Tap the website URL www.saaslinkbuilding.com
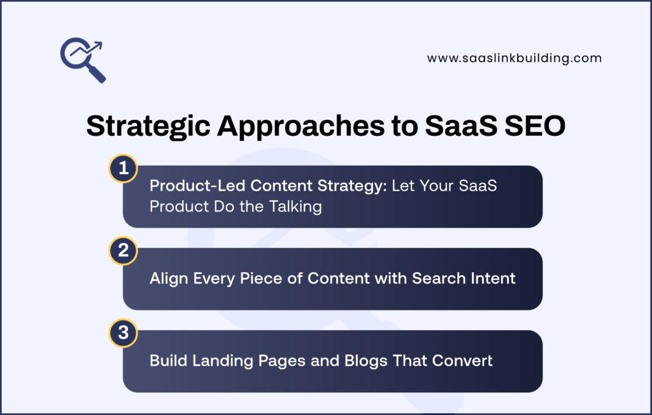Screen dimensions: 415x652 pos(514,58)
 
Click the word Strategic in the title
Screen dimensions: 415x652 pos(147,126)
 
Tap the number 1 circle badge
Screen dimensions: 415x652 pos(123,168)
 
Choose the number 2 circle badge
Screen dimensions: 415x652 pos(123,251)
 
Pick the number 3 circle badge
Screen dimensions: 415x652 pos(123,333)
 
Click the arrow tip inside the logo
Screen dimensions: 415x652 pos(100,44)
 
